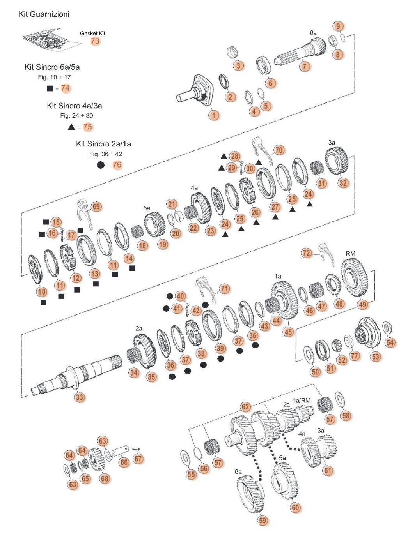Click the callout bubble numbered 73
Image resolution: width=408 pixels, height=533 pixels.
click(95, 41)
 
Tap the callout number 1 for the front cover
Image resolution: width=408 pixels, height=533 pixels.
click(214, 115)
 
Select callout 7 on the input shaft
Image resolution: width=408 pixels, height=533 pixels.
click(305, 66)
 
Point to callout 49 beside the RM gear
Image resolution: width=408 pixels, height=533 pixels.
click(363, 304)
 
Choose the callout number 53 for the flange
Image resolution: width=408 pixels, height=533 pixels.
click(376, 356)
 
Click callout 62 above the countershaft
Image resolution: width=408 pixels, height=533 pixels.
click(245, 407)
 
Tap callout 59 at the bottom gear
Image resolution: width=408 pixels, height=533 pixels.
click(263, 521)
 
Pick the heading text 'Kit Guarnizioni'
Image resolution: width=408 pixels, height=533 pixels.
click(44, 14)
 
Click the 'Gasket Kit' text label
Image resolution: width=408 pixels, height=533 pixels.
click(92, 33)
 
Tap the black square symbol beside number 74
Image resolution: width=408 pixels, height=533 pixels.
click(50, 88)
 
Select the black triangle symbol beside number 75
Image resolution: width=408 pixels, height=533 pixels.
click(71, 127)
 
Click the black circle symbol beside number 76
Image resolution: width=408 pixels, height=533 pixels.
click(101, 165)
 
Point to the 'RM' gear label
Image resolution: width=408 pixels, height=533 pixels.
click(350, 254)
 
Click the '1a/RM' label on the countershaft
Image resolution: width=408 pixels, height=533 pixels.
click(302, 400)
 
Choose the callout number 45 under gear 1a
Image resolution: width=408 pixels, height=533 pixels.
click(288, 332)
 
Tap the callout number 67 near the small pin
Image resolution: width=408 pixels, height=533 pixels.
click(138, 459)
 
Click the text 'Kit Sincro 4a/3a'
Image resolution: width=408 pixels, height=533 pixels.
click(75, 106)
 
